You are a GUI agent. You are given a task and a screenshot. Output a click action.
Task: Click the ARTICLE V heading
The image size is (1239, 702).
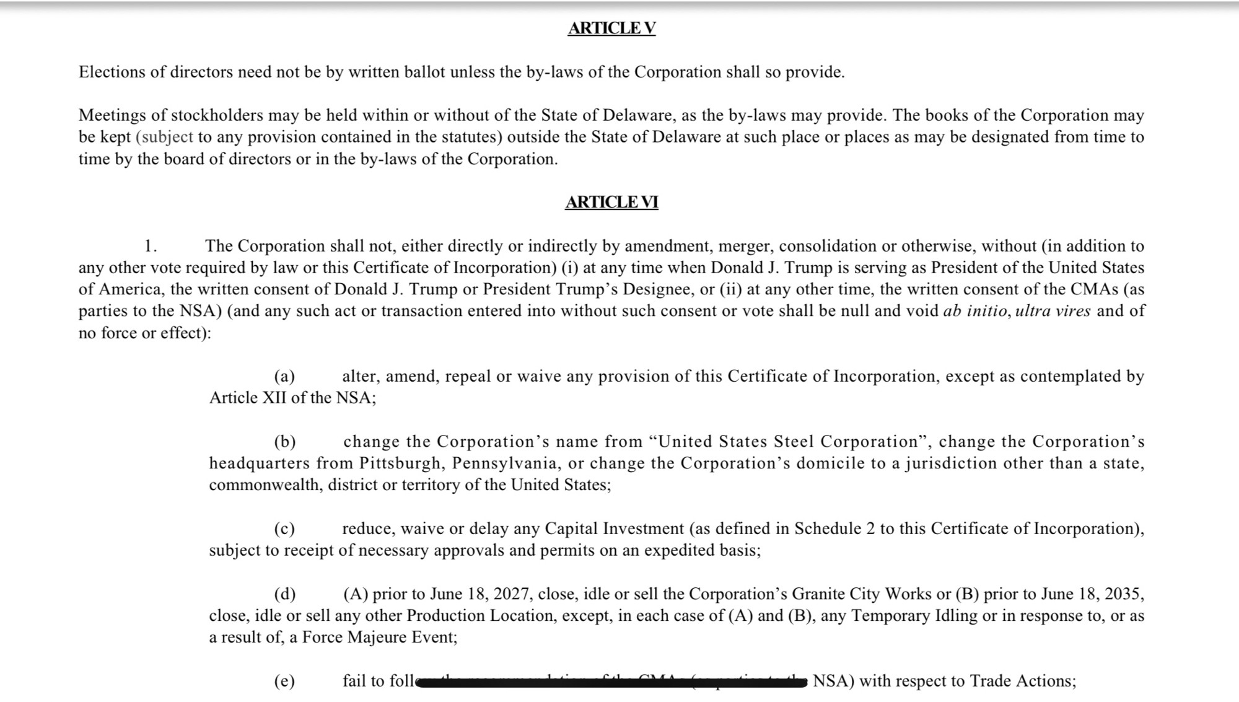point(611,29)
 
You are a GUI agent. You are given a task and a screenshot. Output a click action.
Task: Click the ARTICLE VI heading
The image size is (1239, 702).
point(611,203)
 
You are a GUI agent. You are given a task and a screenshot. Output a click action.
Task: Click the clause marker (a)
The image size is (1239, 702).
point(284,377)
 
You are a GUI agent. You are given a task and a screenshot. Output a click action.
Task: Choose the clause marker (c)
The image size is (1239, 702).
point(284,529)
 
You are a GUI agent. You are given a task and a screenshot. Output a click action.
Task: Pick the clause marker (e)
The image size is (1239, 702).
point(284,682)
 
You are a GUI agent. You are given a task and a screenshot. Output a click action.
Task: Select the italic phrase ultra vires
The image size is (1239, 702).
point(1053,311)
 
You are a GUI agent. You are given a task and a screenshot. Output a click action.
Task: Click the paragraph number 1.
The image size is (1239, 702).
point(150,247)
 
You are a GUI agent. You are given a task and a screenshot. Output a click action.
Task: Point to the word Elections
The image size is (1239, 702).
point(112,72)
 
